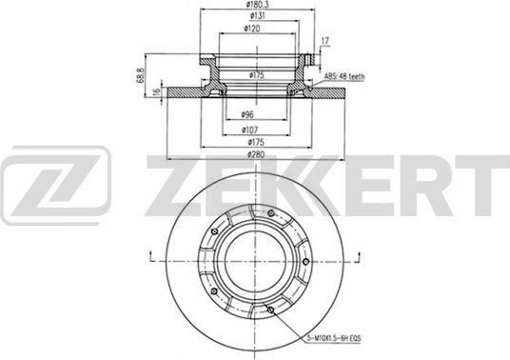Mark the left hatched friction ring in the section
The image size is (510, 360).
pos(190,96)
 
